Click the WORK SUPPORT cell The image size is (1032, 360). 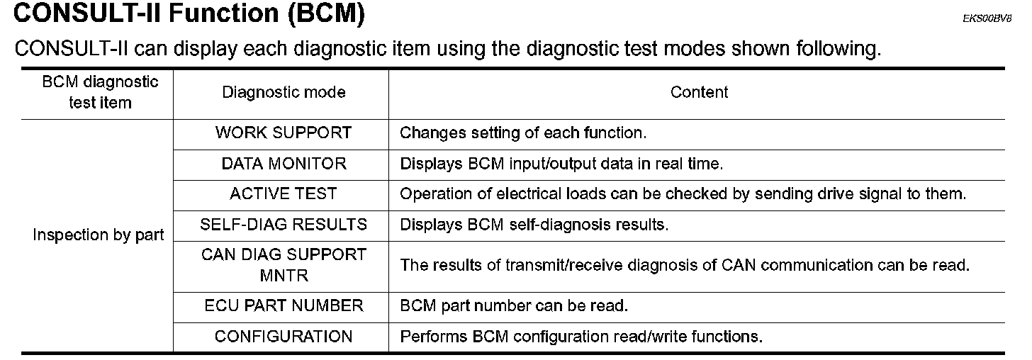pyautogui.click(x=283, y=133)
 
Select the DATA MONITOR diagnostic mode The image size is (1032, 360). pyautogui.click(x=284, y=164)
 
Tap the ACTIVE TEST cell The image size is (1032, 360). pyautogui.click(x=284, y=194)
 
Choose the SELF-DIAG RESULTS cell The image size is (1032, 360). pyautogui.click(x=284, y=225)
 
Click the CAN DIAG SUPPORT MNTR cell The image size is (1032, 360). pyautogui.click(x=284, y=264)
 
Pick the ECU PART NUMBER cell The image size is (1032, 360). pyautogui.click(x=284, y=306)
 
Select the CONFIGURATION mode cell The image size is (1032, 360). pyautogui.click(x=284, y=337)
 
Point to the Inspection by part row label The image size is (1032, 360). pyautogui.click(x=99, y=235)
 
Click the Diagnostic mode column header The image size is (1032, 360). pyautogui.click(x=284, y=92)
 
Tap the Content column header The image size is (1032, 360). pyautogui.click(x=699, y=92)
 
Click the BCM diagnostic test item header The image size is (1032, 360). pyautogui.click(x=100, y=92)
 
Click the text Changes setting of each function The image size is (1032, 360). pyautogui.click(x=523, y=133)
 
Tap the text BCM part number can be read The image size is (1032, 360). pyautogui.click(x=514, y=306)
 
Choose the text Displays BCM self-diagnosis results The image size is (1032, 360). pyautogui.click(x=534, y=225)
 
